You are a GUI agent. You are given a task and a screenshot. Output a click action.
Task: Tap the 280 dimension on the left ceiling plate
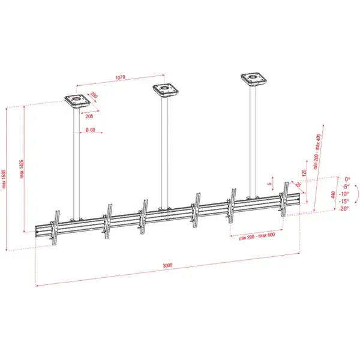pyautogui.click(x=94, y=97)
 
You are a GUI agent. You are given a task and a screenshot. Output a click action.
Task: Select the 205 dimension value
pyautogui.click(x=89, y=116)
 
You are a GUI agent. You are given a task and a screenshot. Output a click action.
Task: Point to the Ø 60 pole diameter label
pyautogui.click(x=90, y=130)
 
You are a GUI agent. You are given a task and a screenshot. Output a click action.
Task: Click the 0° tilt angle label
pyautogui.click(x=346, y=179)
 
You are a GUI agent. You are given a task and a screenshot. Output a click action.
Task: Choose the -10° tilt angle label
pyautogui.click(x=344, y=194)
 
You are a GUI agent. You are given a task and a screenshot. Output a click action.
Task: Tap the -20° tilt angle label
pyautogui.click(x=344, y=209)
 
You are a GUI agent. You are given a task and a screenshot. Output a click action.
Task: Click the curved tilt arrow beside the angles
pyautogui.click(x=355, y=195)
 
